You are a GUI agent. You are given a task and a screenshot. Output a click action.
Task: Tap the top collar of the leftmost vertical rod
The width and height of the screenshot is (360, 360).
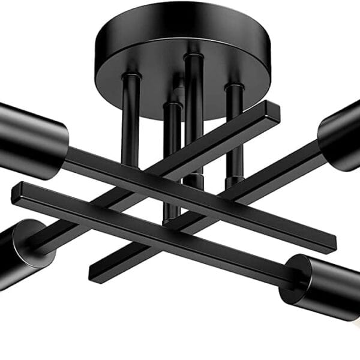[x=131, y=77]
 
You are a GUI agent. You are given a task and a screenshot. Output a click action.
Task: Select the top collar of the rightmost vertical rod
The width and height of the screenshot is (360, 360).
[x=235, y=88]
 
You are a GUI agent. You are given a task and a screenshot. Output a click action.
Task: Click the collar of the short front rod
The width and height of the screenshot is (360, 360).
[x=172, y=106]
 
